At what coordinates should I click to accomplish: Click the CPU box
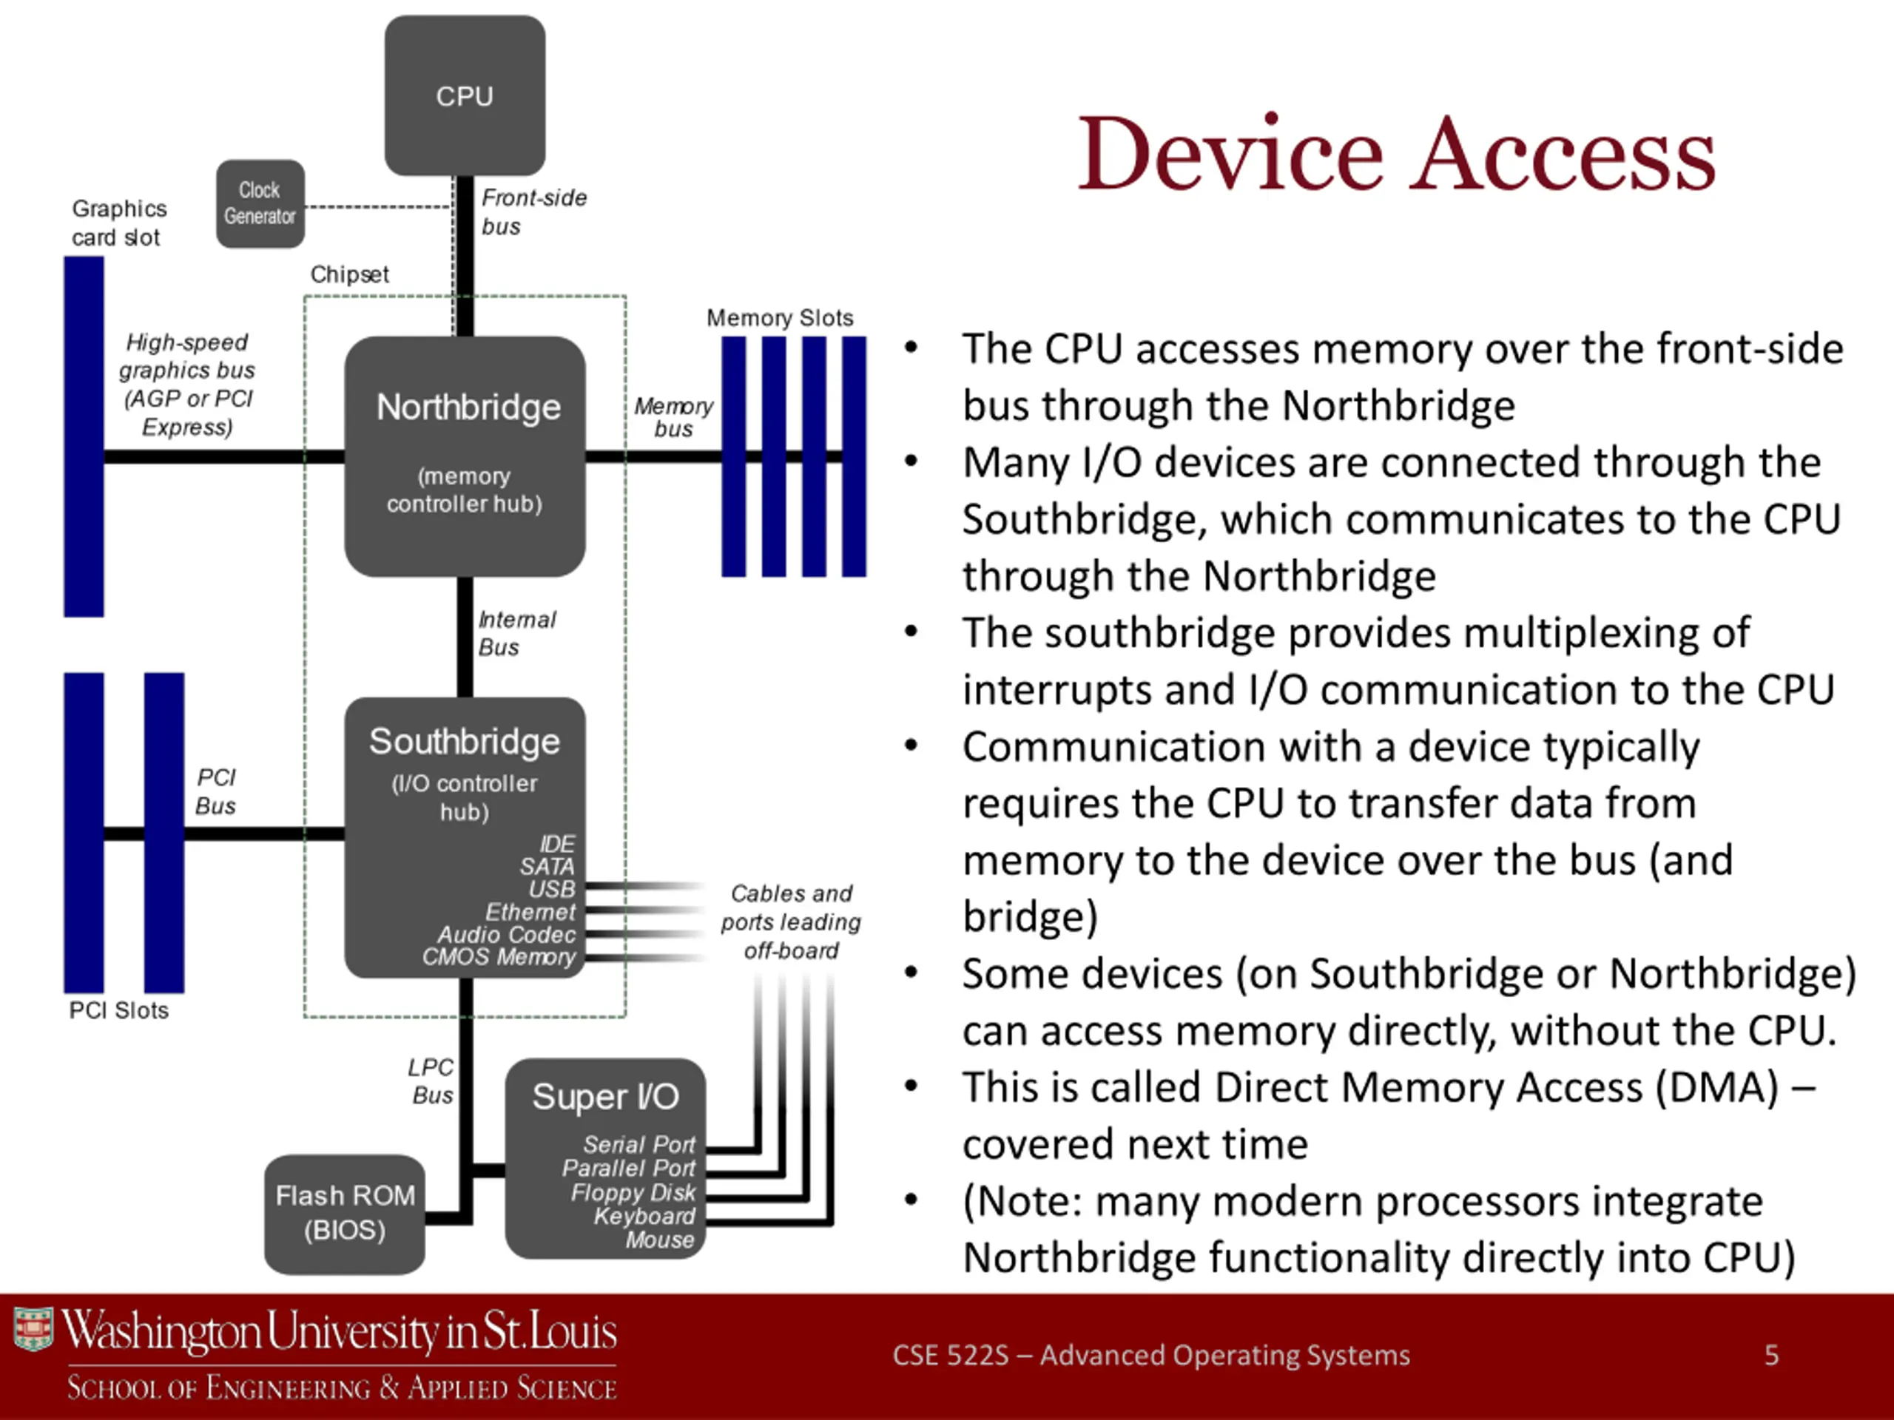[465, 95]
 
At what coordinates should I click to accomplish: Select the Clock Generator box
[260, 203]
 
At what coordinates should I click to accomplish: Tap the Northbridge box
[465, 456]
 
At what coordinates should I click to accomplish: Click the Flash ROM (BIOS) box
[344, 1214]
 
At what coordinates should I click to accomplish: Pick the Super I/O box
[605, 1158]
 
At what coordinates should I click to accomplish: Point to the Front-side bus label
[533, 212]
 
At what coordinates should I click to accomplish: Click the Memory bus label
[673, 418]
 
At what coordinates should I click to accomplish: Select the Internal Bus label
[516, 633]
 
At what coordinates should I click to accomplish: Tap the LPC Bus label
[431, 1081]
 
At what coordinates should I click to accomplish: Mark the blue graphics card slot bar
[84, 436]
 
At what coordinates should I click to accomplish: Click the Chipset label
[349, 274]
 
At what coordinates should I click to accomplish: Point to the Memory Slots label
[780, 317]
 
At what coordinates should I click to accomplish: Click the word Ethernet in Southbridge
[530, 913]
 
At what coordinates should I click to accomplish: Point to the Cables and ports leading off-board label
[791, 922]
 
